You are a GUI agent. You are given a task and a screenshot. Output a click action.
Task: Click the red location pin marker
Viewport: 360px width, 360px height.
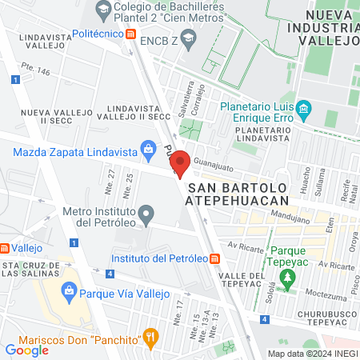tap(180, 164)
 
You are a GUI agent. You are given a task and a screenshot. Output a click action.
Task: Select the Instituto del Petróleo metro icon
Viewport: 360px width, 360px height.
tap(214, 258)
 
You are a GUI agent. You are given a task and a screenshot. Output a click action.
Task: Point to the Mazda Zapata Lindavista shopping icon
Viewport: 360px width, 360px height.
tap(147, 148)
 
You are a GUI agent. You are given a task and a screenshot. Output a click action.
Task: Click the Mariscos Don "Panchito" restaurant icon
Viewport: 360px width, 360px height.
tap(148, 337)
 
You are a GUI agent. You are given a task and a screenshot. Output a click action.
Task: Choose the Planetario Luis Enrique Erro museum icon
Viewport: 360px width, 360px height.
tap(303, 108)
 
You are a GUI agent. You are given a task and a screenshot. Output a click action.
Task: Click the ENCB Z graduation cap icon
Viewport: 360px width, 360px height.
tap(187, 38)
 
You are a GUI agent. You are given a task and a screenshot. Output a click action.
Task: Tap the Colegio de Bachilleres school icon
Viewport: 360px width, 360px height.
tap(102, 10)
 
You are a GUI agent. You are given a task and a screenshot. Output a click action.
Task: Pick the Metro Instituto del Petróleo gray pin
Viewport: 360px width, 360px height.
tap(146, 214)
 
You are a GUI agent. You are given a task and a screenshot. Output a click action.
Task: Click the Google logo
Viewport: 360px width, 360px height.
tap(26, 350)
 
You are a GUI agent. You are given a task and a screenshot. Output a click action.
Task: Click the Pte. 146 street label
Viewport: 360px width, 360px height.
tap(36, 71)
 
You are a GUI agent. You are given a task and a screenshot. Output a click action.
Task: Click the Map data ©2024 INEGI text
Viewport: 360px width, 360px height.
tap(311, 354)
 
